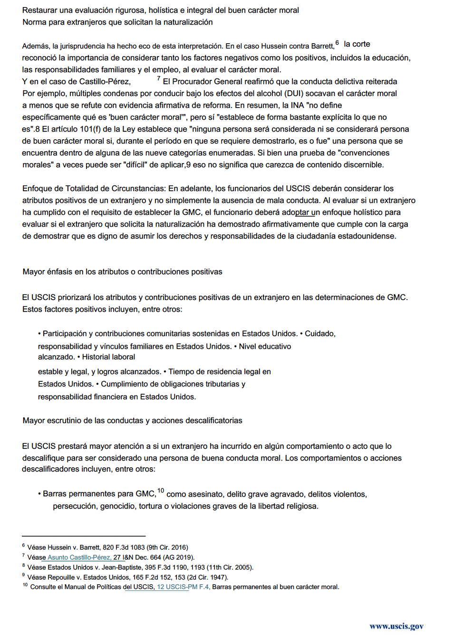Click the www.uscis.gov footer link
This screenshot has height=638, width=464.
click(396, 626)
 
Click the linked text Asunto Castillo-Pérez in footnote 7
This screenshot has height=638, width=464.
click(79, 557)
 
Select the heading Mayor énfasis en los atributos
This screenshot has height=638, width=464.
click(122, 272)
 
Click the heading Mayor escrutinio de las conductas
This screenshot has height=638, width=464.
click(132, 421)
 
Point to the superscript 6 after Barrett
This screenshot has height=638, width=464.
click(337, 43)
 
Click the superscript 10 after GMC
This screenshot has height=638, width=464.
click(161, 491)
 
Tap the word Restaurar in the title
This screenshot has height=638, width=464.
click(40, 10)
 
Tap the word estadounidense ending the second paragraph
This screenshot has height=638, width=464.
click(366, 236)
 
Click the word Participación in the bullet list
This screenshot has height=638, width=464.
click(65, 334)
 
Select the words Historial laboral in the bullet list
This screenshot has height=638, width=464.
click(108, 357)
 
